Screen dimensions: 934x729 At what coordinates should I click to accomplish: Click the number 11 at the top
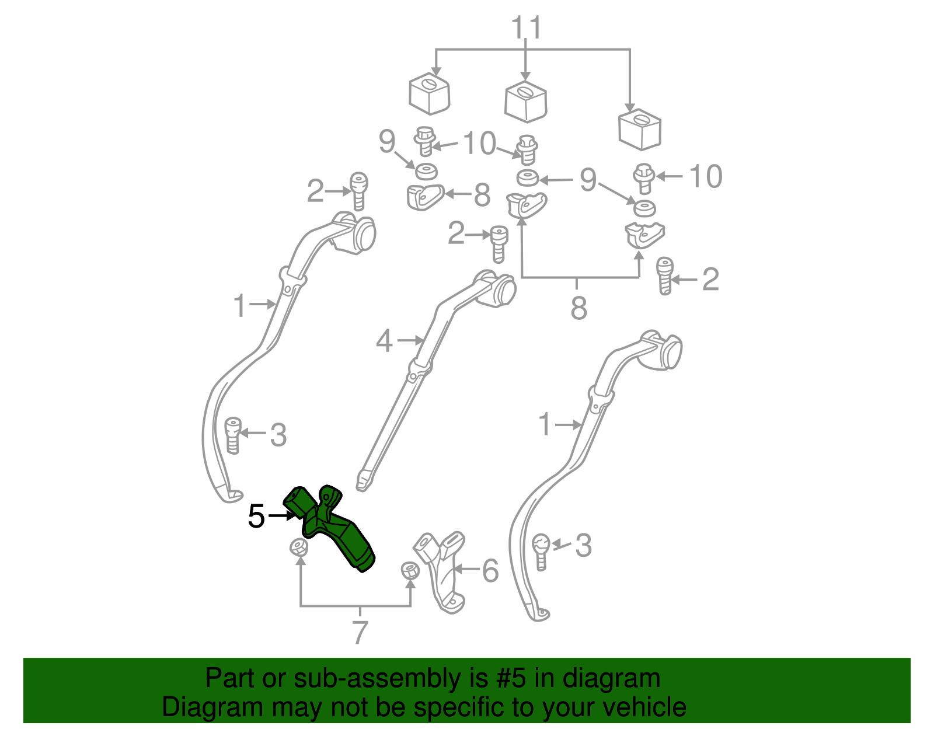click(526, 28)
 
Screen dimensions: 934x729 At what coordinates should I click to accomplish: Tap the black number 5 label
click(256, 517)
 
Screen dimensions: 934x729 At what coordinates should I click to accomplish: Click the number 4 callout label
click(384, 341)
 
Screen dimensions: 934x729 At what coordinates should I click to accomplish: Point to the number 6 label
click(490, 571)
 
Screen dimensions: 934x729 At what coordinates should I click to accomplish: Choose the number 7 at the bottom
click(360, 632)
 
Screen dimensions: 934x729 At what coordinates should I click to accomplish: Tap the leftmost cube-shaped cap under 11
click(430, 93)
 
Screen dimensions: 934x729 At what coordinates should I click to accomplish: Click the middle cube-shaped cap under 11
click(526, 102)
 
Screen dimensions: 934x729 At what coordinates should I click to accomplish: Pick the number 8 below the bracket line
click(578, 308)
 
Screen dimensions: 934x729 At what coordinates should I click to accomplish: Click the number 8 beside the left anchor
click(482, 195)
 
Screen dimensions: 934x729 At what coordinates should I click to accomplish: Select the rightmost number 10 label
click(706, 176)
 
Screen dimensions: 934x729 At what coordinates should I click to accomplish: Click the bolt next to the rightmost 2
click(664, 276)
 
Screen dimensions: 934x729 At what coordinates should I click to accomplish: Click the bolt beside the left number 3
click(232, 435)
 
